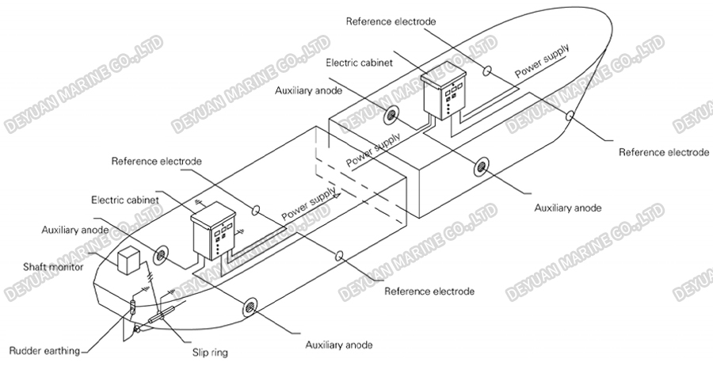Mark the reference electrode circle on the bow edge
tap(569, 116)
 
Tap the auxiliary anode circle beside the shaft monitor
tap(161, 254)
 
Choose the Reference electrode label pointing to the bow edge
tap(663, 151)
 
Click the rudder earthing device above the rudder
tap(132, 306)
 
